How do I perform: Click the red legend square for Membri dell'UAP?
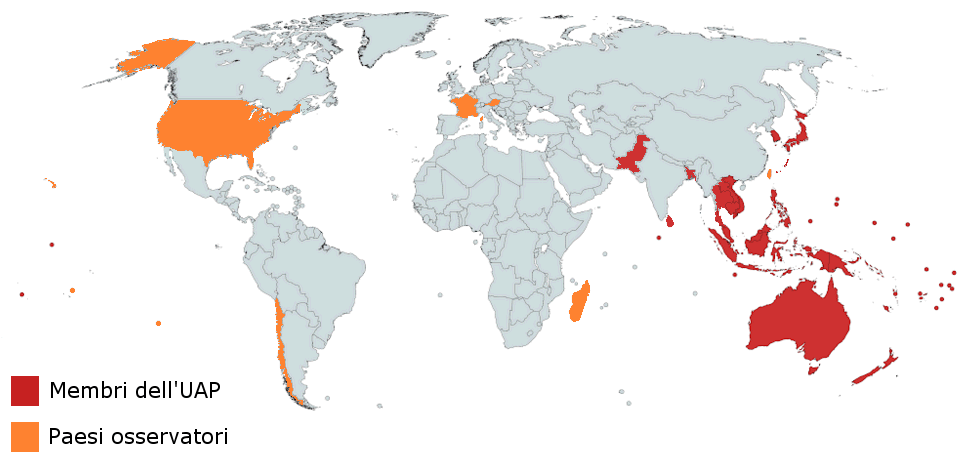25,391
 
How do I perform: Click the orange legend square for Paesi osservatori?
25,437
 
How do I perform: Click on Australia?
800,320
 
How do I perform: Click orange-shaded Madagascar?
579,302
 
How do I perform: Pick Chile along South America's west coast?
283,340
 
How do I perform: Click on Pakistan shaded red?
633,155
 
